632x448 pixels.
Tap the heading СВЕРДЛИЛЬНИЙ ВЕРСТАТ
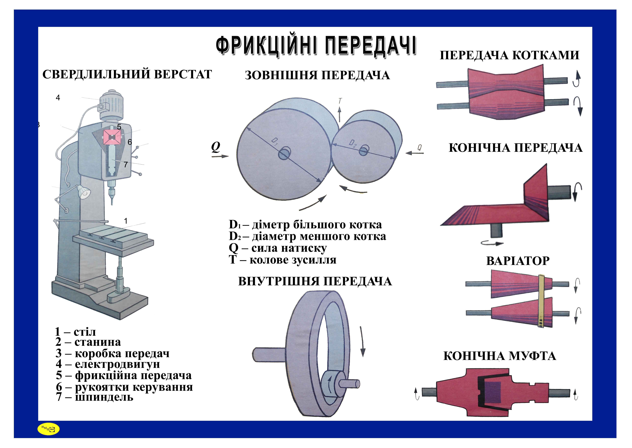point(127,74)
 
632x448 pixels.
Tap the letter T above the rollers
point(340,101)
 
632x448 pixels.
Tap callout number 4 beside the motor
point(58,98)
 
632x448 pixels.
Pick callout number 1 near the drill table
point(126,221)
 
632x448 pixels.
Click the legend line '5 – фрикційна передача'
point(124,375)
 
